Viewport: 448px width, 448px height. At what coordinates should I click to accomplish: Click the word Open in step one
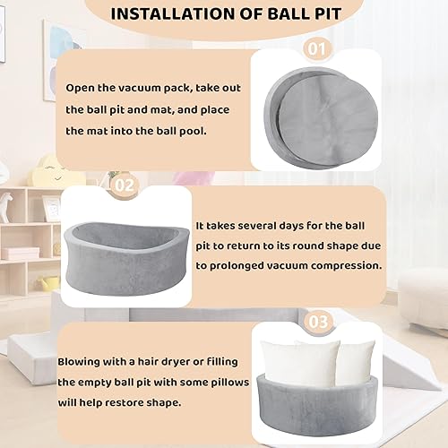83,89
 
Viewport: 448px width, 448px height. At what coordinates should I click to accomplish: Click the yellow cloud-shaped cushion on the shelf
43,170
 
